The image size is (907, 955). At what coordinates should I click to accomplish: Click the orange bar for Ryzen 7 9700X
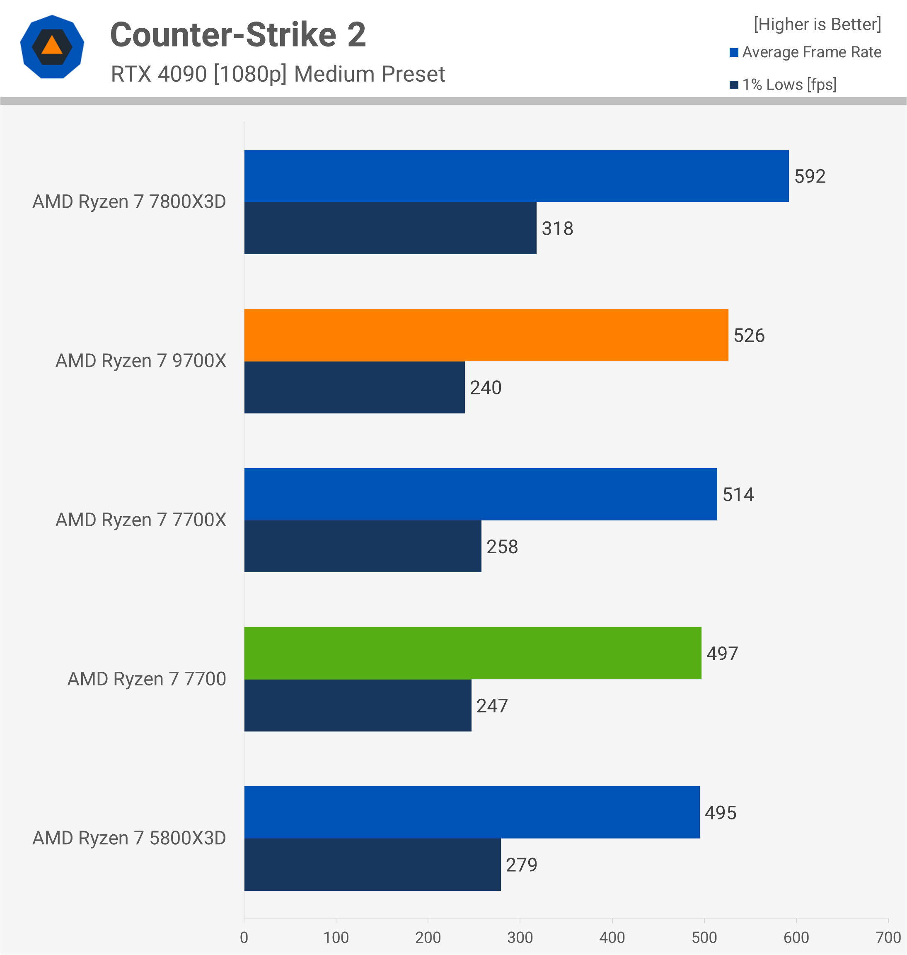click(486, 335)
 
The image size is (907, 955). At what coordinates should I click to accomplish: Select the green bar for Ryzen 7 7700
click(472, 653)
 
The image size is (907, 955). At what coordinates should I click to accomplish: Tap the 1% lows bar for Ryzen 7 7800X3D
click(390, 228)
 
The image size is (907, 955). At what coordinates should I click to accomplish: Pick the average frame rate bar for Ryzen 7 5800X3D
click(472, 812)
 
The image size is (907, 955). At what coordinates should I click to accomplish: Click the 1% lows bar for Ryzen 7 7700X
click(363, 546)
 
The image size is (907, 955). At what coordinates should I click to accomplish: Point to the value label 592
click(810, 176)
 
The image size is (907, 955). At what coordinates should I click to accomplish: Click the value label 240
click(486, 387)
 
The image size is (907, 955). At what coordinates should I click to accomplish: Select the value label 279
click(521, 865)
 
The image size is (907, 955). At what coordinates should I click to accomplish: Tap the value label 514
click(738, 494)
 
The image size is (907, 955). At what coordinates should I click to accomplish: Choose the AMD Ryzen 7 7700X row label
click(141, 520)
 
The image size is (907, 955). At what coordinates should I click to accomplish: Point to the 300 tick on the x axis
click(520, 938)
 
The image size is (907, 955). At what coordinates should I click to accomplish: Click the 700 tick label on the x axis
click(888, 938)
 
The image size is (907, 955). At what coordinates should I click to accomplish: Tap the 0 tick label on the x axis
click(244, 938)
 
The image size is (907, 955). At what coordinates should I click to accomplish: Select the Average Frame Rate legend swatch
click(733, 52)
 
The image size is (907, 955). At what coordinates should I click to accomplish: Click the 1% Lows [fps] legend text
click(789, 85)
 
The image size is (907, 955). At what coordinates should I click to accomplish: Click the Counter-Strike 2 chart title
click(238, 35)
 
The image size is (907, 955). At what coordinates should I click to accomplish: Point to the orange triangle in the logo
click(52, 46)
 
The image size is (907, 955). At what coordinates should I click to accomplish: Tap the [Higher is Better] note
click(817, 24)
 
